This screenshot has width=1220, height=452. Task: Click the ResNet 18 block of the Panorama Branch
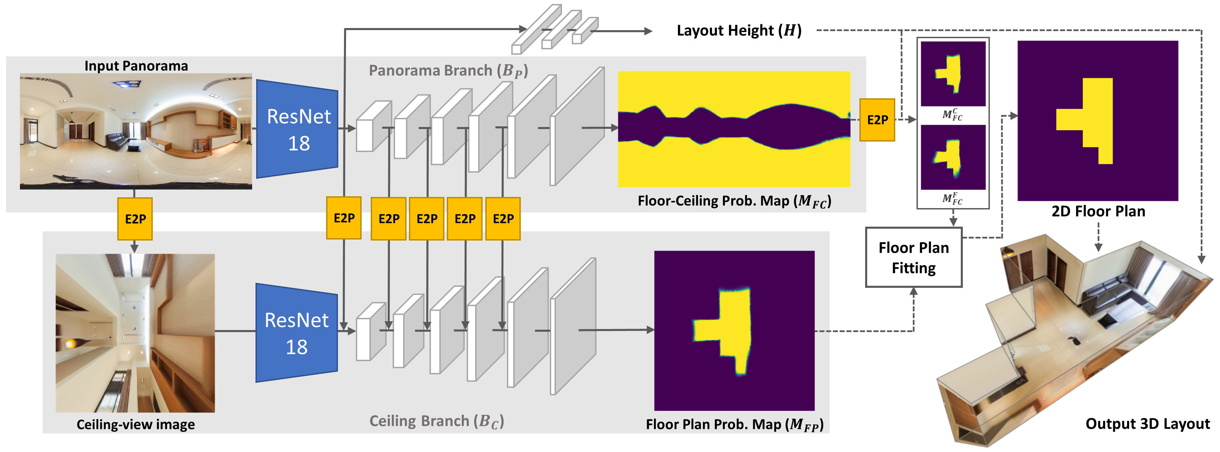(297, 129)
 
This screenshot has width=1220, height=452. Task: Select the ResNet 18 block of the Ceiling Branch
(296, 333)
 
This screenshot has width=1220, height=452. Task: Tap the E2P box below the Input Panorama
(135, 219)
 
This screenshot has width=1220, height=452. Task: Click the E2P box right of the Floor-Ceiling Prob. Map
(877, 120)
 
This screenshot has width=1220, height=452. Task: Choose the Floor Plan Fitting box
(913, 257)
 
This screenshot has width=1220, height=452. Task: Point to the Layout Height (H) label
(738, 31)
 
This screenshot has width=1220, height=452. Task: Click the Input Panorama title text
(136, 66)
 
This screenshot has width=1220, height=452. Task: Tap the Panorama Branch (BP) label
(448, 71)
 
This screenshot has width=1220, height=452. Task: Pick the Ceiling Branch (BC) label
(436, 421)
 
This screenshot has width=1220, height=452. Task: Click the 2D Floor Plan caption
(1098, 211)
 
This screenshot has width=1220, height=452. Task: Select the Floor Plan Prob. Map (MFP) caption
(734, 425)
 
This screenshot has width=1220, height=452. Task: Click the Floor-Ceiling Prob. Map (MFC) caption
(734, 201)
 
